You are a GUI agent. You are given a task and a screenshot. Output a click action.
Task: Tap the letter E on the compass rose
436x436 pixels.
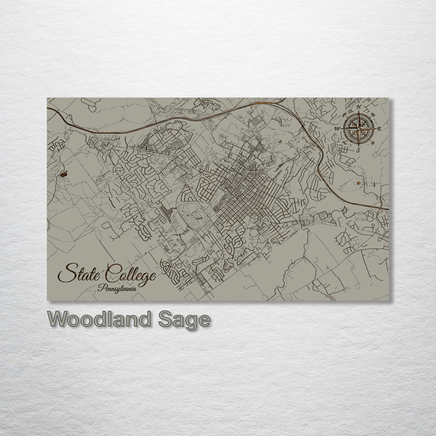point(379,128)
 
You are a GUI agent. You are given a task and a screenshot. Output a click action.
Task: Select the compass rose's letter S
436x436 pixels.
point(358,150)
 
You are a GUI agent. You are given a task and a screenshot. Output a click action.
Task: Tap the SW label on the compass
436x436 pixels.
point(344,142)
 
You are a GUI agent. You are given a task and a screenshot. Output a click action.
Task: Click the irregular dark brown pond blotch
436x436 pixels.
point(63,174)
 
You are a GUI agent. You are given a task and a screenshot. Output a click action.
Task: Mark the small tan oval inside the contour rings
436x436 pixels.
point(358,183)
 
